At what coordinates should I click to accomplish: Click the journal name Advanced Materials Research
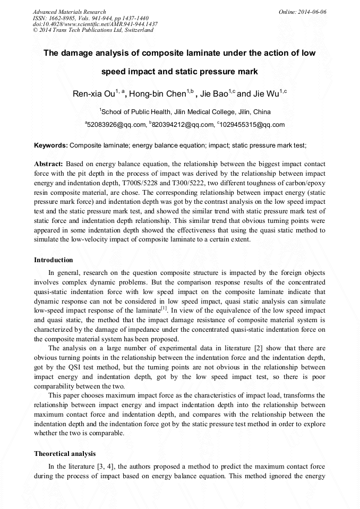click(70, 12)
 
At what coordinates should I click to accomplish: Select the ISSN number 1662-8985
click(62, 18)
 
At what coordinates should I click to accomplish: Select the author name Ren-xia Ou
click(94, 94)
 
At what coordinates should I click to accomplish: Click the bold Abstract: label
click(49, 165)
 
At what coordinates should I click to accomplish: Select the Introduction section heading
click(54, 260)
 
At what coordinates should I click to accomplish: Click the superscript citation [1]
click(164, 308)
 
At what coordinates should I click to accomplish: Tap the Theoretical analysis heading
click(65, 454)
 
